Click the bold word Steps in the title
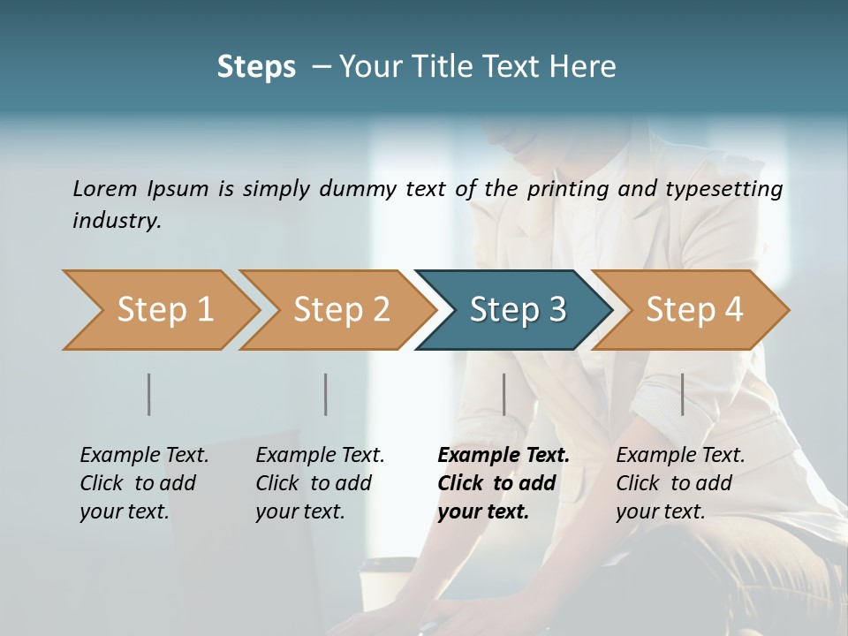pyautogui.click(x=256, y=67)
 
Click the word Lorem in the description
pyautogui.click(x=105, y=188)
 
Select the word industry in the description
pyautogui.click(x=116, y=220)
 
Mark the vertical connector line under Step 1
pyautogui.click(x=149, y=394)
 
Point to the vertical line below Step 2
pyautogui.click(x=326, y=394)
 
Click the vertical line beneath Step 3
pyautogui.click(x=504, y=394)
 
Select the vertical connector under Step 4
pyautogui.click(x=682, y=394)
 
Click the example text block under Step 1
pyautogui.click(x=144, y=483)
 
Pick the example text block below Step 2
pyautogui.click(x=320, y=483)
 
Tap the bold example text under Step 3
pyautogui.click(x=503, y=483)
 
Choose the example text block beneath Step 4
pyautogui.click(x=680, y=483)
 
